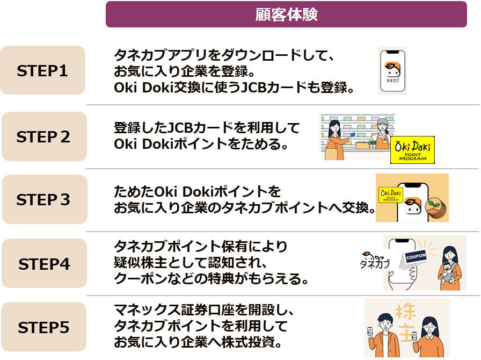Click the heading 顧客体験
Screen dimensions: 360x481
click(x=286, y=15)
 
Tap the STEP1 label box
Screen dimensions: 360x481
click(x=43, y=70)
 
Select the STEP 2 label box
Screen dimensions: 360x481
click(x=43, y=136)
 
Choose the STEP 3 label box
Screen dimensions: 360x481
click(x=43, y=199)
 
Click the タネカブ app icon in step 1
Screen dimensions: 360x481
click(x=392, y=70)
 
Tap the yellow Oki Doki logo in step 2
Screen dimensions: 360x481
click(x=412, y=149)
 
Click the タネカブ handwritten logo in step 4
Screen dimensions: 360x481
click(x=374, y=261)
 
